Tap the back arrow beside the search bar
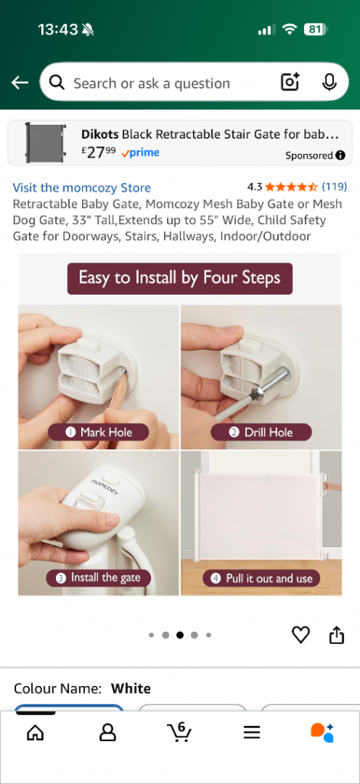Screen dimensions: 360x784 click(20, 83)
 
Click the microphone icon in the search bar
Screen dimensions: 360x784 click(329, 83)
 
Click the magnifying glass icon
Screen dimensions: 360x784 click(57, 83)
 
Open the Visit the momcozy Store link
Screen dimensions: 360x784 click(81, 188)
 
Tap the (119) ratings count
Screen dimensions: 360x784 click(334, 187)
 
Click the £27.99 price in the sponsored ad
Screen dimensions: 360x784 click(99, 152)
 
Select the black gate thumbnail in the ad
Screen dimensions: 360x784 click(45, 142)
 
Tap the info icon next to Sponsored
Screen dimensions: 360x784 click(341, 155)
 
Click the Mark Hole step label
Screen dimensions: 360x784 click(99, 432)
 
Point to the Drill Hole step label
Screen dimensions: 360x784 click(261, 432)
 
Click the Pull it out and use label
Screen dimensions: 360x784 click(261, 579)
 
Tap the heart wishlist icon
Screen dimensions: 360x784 click(300, 635)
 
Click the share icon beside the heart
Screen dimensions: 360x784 click(337, 635)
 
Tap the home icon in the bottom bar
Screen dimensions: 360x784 click(35, 733)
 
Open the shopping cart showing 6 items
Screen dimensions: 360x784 click(179, 731)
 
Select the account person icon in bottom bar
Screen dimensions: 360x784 click(107, 733)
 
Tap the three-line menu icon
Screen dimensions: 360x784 click(252, 733)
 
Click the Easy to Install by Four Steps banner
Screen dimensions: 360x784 click(180, 279)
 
